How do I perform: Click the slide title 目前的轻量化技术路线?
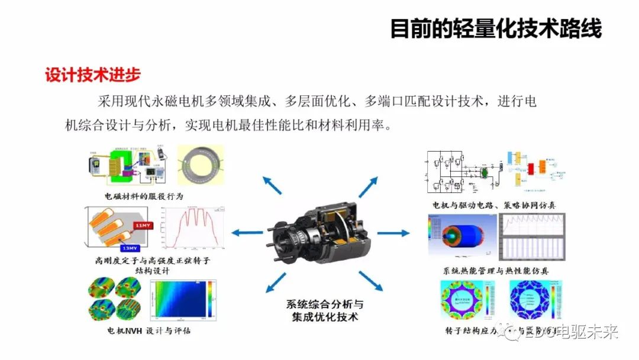[x=496, y=28]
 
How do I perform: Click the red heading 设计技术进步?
[x=93, y=75]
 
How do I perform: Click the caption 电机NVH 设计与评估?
[x=149, y=330]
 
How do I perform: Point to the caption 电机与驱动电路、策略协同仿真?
[x=495, y=205]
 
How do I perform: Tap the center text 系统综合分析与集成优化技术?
[x=325, y=310]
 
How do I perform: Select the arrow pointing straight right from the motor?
[x=393, y=233]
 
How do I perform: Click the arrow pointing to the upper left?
[x=273, y=185]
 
